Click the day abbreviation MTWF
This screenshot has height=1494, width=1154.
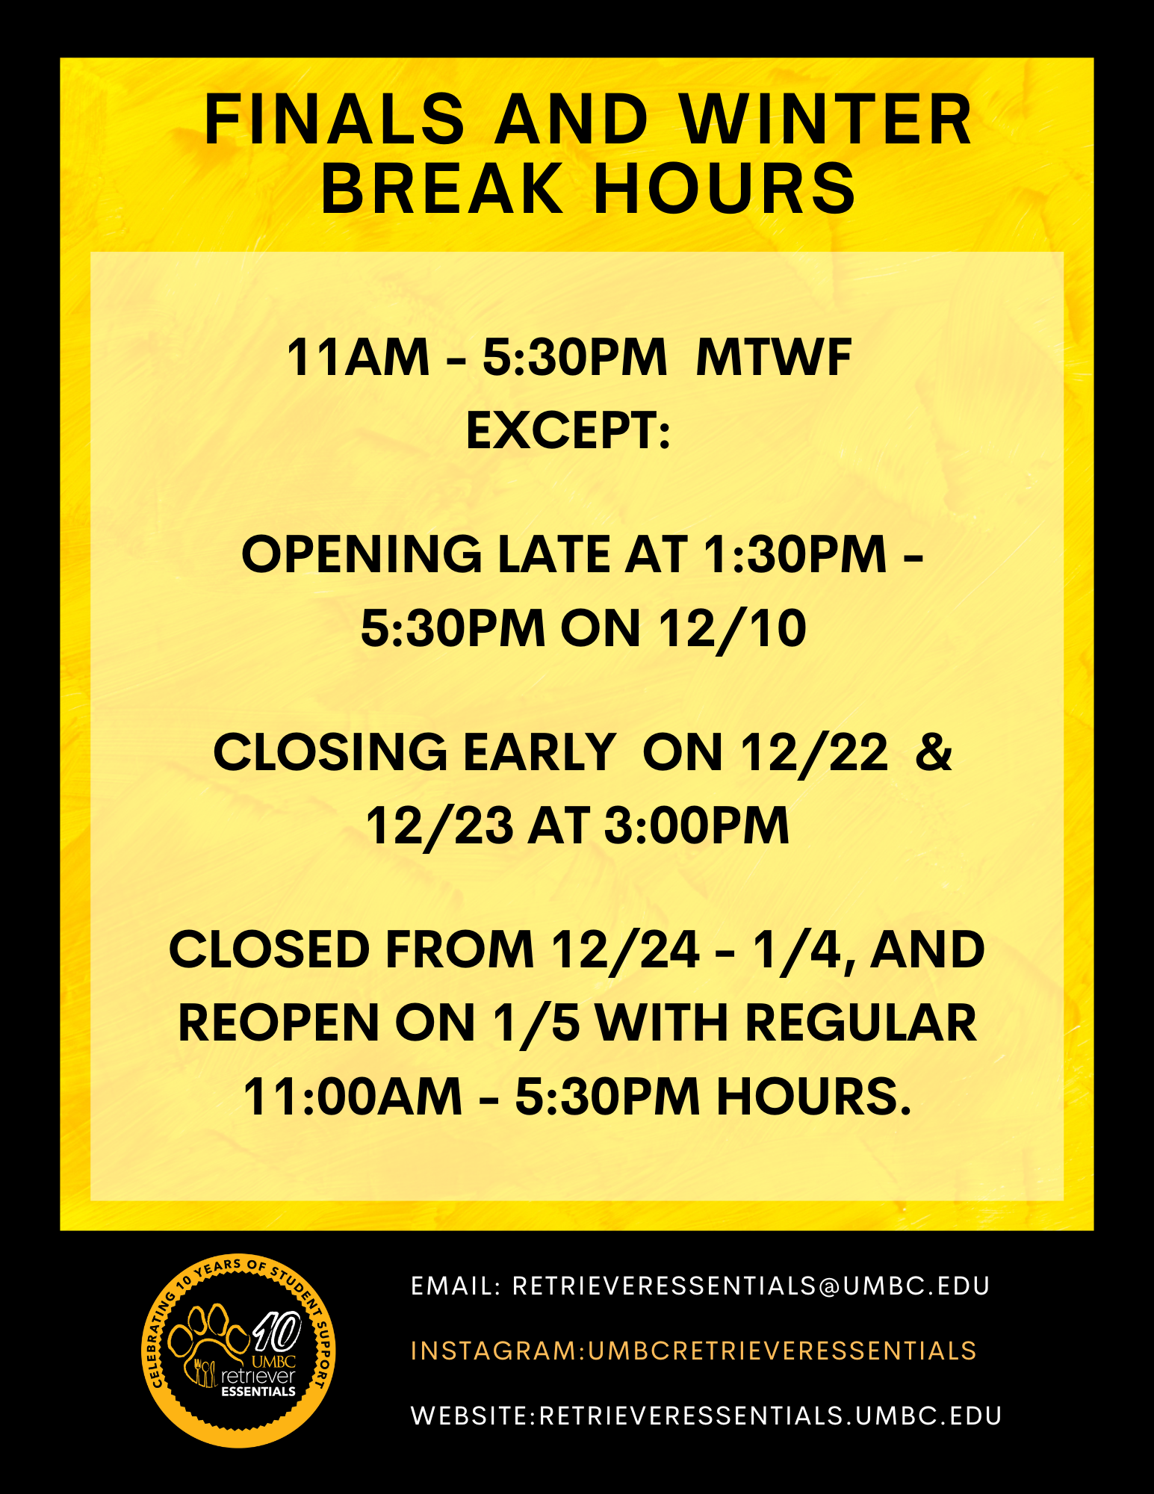[x=774, y=357]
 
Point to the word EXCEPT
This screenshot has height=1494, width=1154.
[x=568, y=431]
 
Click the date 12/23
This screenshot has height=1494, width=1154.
[x=440, y=825]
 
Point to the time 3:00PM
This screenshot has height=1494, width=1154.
[x=696, y=825]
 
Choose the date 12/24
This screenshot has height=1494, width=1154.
[x=626, y=949]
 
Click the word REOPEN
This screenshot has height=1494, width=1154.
[x=279, y=1023]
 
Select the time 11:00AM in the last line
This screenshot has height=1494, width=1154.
[x=353, y=1097]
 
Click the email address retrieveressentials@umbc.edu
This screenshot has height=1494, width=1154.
[x=751, y=1286]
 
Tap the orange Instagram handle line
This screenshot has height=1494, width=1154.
[x=694, y=1351]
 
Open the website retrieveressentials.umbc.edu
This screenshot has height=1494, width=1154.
[x=770, y=1416]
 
